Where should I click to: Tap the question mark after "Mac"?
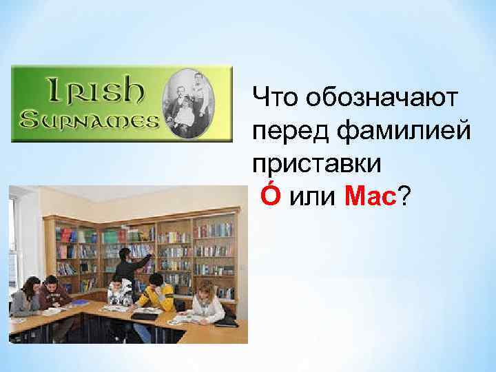pos(404,198)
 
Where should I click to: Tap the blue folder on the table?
pos(81,302)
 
